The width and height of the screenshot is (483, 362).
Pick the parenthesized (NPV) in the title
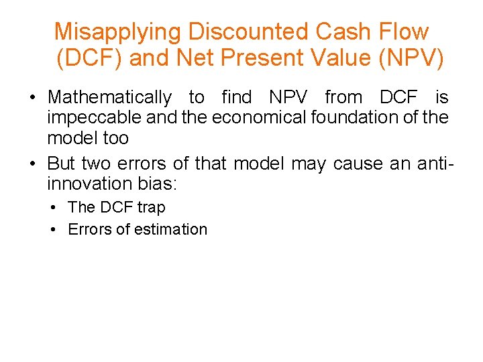411,58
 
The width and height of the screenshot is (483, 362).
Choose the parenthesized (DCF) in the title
89,58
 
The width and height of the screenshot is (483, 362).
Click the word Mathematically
109,98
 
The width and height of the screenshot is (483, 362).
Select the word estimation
171,229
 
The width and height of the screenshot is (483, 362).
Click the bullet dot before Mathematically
32,99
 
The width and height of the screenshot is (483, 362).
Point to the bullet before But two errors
32,164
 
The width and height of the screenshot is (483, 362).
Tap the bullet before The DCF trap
52,208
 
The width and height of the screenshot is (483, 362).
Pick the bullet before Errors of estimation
52,229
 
